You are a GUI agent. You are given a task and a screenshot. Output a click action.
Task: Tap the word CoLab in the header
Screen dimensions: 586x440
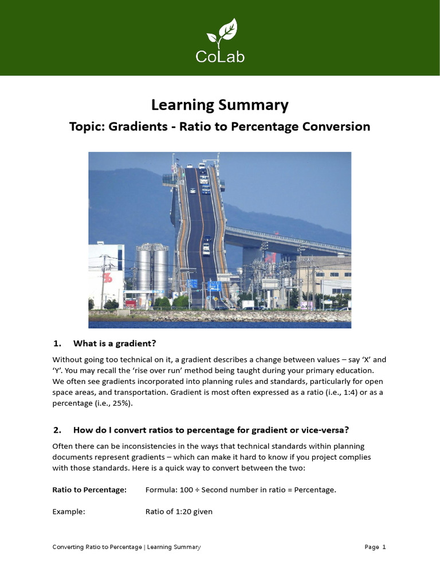click(x=219, y=57)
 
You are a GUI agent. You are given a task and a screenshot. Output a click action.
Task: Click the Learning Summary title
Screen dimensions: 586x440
click(x=219, y=105)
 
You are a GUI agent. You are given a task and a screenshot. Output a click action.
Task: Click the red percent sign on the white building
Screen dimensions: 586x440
click(x=107, y=278)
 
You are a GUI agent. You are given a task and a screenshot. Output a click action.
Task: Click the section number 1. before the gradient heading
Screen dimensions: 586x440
click(x=57, y=343)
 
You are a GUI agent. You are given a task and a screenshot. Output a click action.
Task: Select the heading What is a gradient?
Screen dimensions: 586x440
click(x=115, y=343)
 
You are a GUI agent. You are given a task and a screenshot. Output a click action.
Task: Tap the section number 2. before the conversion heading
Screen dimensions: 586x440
click(x=57, y=430)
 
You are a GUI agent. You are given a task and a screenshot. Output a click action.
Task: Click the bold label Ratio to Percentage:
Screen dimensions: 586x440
click(x=89, y=490)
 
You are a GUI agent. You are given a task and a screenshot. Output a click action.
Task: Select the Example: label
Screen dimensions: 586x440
click(x=69, y=512)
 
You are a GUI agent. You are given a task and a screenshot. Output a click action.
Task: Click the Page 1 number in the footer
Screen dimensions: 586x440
click(x=375, y=547)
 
